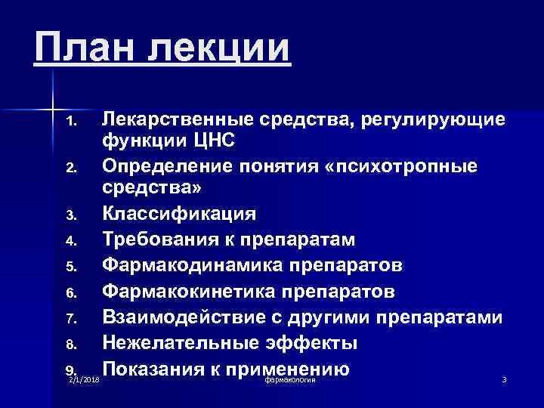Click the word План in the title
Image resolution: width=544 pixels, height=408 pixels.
coord(84,48)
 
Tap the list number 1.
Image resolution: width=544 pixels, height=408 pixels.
coord(72,122)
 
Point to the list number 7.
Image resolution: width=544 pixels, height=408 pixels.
coord(72,320)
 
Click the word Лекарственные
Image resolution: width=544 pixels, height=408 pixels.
coord(178,119)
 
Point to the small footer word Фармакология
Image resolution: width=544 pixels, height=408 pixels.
coord(290,379)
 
